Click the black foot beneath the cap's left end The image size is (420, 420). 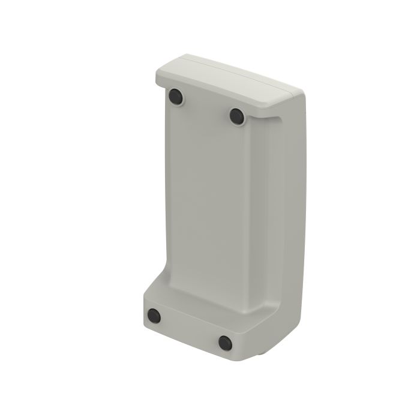(x=175, y=95)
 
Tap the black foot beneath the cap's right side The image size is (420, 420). (x=236, y=116)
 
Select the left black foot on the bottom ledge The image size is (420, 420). (x=154, y=315)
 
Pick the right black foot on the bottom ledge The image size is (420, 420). (x=225, y=343)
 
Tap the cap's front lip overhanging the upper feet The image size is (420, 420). (x=210, y=96)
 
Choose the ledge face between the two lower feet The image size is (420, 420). (x=189, y=327)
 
